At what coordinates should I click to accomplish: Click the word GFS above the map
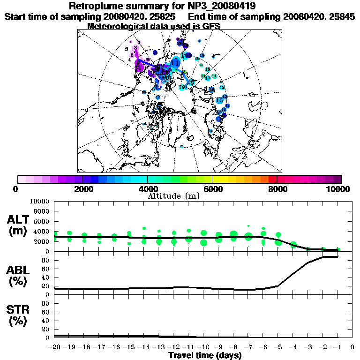(x=210, y=26)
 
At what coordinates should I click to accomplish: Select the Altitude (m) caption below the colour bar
(x=173, y=196)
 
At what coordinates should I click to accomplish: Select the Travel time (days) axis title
(x=205, y=355)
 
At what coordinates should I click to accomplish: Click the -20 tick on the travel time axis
(x=54, y=347)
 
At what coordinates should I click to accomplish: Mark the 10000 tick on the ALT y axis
(x=39, y=202)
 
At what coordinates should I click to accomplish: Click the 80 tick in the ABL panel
(x=46, y=260)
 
